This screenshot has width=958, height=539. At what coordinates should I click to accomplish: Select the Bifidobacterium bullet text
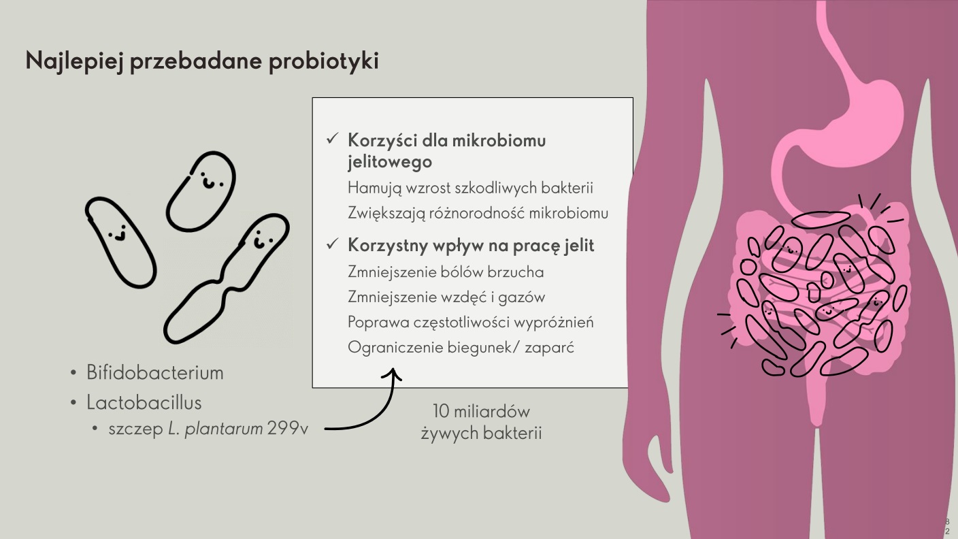click(155, 372)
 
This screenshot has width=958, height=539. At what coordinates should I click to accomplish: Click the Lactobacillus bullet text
click(144, 402)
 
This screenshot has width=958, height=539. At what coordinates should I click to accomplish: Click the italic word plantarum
click(223, 429)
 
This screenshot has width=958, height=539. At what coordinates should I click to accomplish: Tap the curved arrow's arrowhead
click(392, 374)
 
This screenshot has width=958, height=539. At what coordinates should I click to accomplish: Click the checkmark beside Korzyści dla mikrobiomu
click(332, 139)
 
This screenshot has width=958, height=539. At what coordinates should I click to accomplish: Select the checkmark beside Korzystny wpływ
click(332, 244)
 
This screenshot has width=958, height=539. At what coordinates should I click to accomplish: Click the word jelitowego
click(390, 162)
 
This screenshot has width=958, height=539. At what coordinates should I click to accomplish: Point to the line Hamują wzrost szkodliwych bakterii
click(470, 189)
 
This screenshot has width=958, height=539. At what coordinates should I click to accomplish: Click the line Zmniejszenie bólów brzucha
click(446, 272)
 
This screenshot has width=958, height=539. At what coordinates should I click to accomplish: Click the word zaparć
click(549, 348)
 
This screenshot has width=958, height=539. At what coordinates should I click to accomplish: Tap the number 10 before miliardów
click(441, 412)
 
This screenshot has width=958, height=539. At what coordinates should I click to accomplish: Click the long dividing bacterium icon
click(227, 278)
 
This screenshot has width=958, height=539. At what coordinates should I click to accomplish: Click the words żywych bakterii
click(481, 433)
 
